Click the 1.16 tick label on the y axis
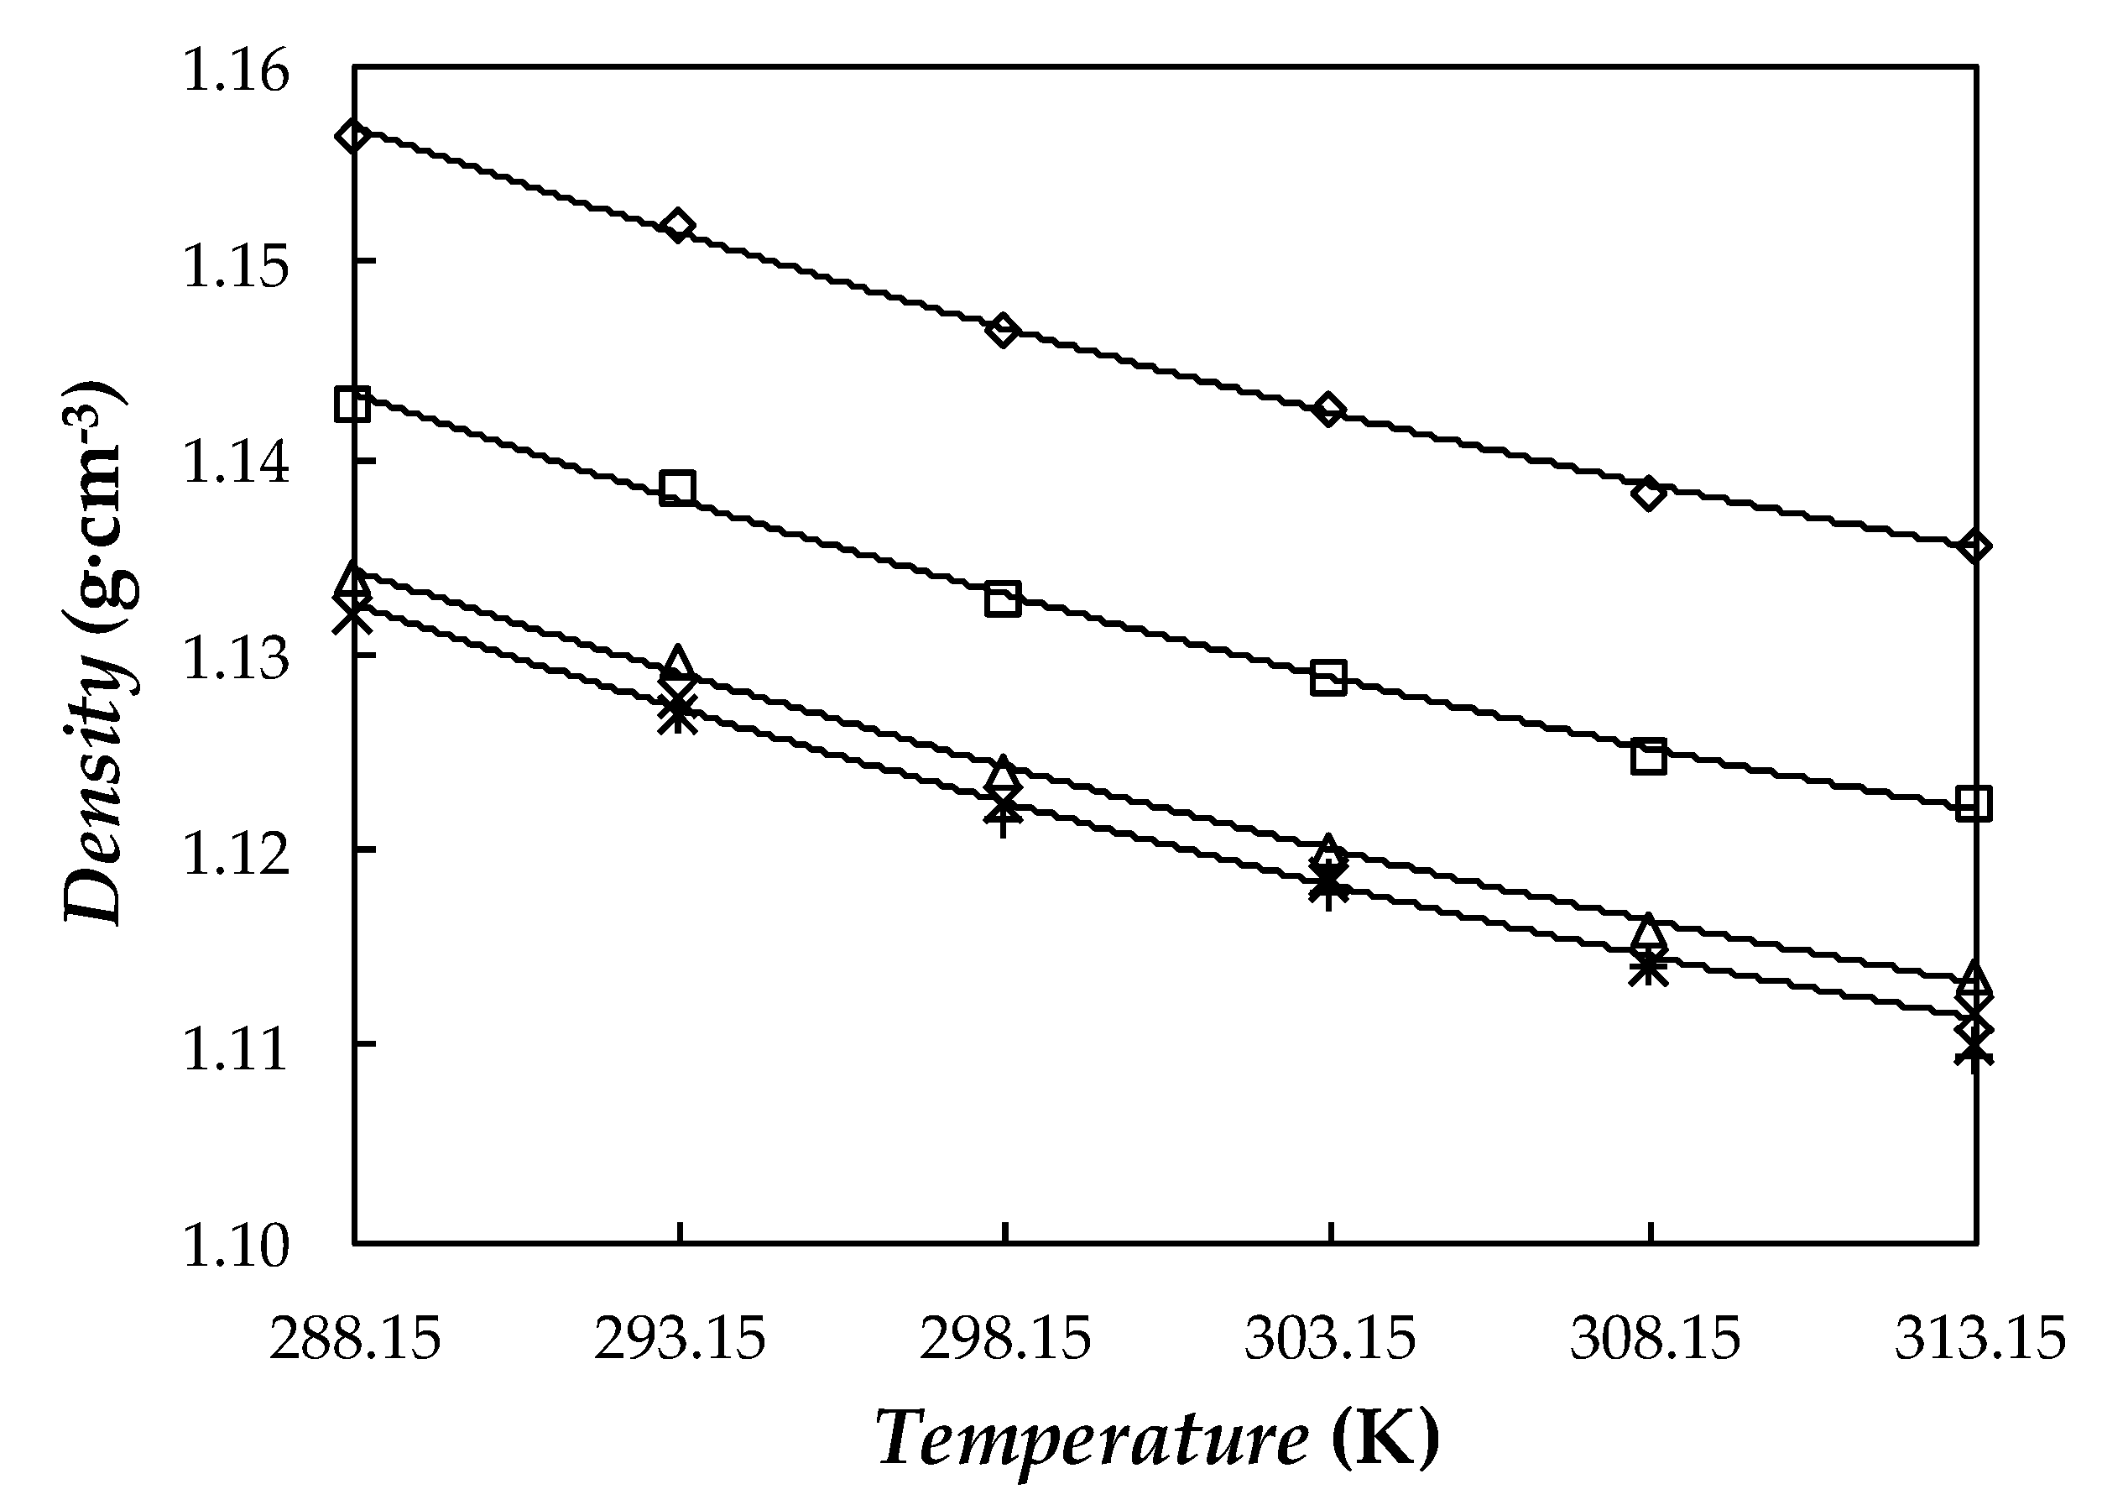click(237, 71)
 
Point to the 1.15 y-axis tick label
click(237, 267)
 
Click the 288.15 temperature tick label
click(355, 1340)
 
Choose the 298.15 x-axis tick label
click(1005, 1340)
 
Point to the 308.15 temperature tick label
click(1655, 1340)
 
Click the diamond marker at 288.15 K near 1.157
click(353, 135)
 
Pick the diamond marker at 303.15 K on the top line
click(1329, 409)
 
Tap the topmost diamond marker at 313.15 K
click(1974, 546)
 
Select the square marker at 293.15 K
click(677, 488)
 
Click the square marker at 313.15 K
click(1974, 802)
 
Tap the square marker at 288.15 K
click(353, 404)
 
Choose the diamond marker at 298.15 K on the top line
click(1003, 330)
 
